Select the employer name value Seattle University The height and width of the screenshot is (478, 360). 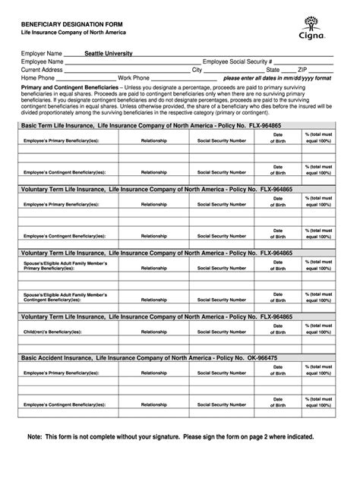(108, 54)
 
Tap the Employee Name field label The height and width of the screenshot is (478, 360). (42, 61)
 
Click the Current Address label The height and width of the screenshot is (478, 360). (42, 69)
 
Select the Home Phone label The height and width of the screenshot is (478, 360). (38, 77)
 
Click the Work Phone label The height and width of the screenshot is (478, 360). (134, 77)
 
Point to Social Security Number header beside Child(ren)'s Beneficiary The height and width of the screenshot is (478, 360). (222, 328)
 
